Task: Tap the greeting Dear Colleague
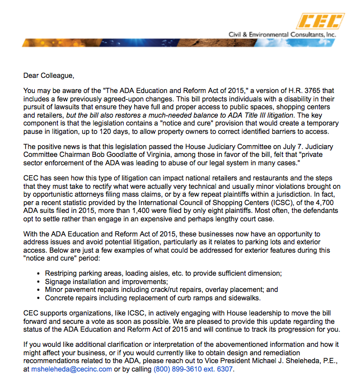click(x=49, y=75)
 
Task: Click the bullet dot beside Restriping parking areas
click(x=38, y=273)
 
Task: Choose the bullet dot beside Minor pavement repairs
click(x=38, y=290)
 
